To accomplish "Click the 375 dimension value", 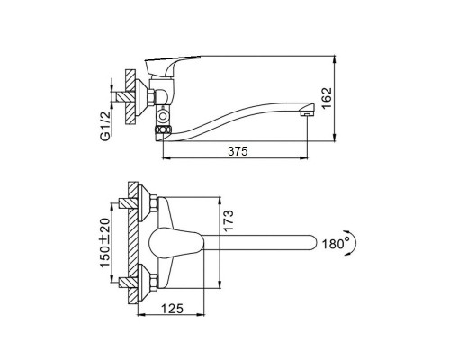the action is (238, 151).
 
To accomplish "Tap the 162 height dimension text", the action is (327, 98).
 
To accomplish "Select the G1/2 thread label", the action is (105, 125).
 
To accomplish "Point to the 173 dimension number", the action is (228, 220).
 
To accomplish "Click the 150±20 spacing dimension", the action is (104, 242).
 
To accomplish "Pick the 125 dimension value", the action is (172, 308).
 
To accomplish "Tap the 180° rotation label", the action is (336, 244).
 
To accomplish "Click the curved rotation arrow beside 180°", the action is (353, 243).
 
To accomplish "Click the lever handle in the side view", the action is (168, 65).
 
